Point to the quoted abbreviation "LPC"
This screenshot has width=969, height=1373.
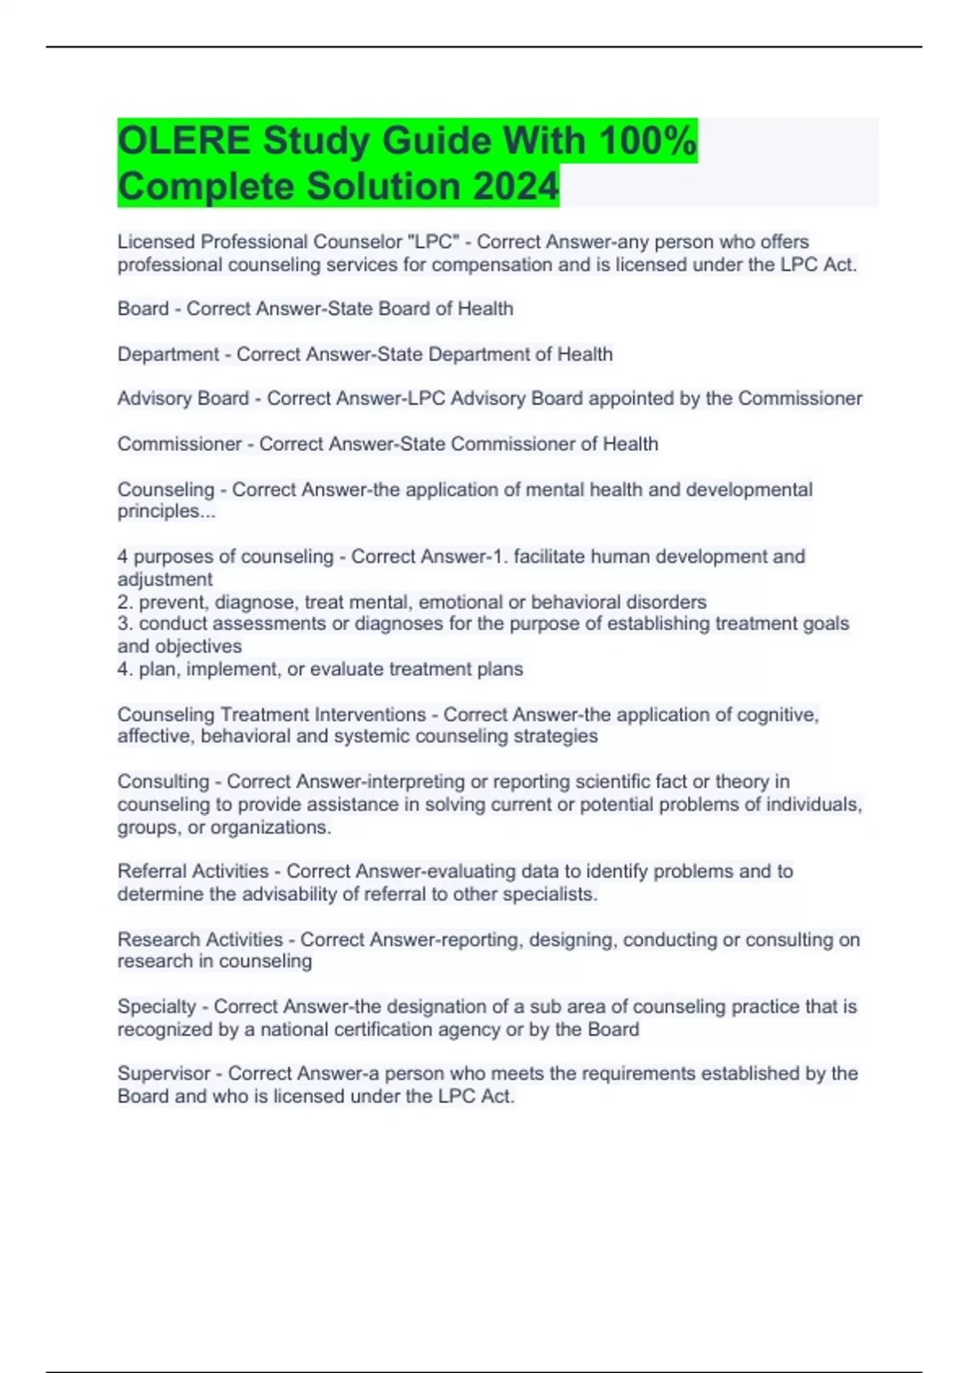tap(434, 241)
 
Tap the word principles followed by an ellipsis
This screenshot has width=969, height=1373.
tap(166, 511)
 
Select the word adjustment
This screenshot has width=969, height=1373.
tap(165, 579)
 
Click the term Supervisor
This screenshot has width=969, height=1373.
tap(164, 1073)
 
